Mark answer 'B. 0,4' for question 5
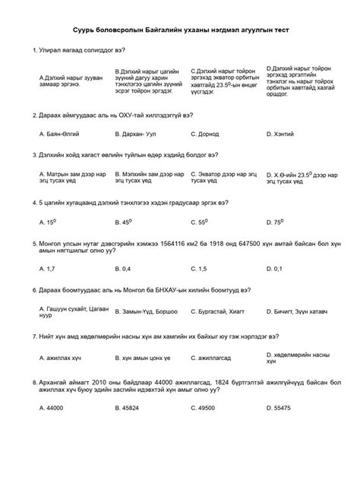(122, 269)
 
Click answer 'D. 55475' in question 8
(279, 408)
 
